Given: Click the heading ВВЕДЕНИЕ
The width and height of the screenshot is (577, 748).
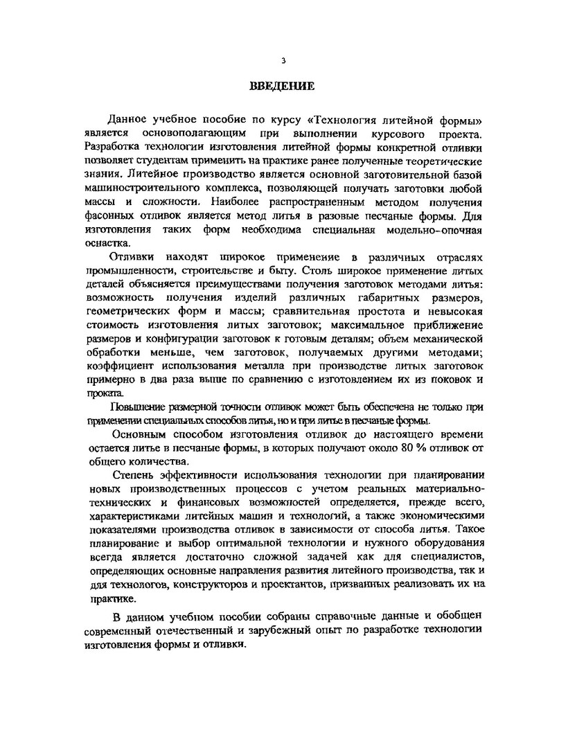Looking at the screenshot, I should pos(282,87).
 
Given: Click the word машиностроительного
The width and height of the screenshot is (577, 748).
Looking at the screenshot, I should pos(145,189).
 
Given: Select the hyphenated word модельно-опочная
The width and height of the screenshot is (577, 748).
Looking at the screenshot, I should pos(434,229).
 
